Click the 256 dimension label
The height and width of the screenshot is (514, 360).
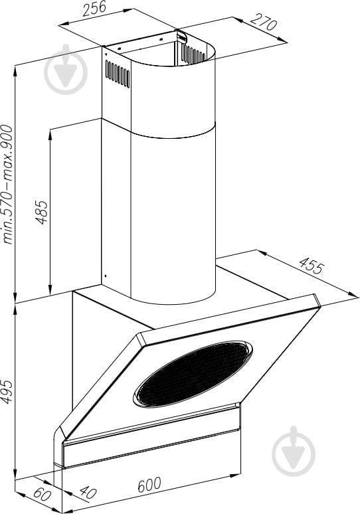(94, 8)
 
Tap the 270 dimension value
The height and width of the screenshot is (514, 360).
(264, 22)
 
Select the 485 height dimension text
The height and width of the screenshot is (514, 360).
(42, 212)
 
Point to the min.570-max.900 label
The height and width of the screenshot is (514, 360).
(7, 185)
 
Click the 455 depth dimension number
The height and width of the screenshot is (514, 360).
(312, 266)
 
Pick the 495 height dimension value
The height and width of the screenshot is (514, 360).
(7, 391)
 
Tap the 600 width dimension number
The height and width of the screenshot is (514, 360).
(149, 485)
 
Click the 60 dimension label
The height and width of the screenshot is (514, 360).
(43, 494)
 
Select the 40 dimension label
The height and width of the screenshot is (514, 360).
(88, 492)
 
